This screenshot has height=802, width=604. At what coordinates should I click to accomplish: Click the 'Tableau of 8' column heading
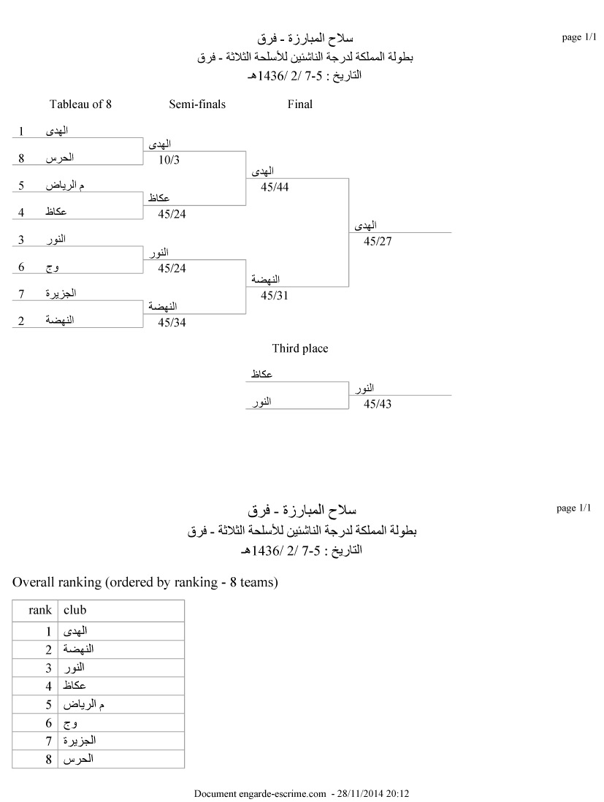(80, 104)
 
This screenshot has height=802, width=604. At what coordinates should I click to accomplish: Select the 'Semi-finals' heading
(197, 104)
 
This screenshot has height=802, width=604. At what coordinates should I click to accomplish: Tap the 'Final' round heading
(300, 104)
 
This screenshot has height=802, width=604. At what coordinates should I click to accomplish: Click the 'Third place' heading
(300, 348)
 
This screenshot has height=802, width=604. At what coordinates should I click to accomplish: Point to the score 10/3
(169, 159)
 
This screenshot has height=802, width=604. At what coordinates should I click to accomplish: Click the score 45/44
(275, 187)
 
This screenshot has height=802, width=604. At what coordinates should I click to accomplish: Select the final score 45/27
(378, 241)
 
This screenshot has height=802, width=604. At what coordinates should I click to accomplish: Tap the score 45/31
(275, 295)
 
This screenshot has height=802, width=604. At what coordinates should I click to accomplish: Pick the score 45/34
(172, 322)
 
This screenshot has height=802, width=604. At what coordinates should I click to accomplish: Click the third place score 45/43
(378, 403)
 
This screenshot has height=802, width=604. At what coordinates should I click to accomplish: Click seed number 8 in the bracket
(22, 158)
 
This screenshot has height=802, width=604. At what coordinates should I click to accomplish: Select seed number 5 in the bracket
(22, 186)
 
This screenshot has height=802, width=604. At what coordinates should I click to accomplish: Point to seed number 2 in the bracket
(22, 320)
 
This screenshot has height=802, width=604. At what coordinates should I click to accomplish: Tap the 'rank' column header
(40, 610)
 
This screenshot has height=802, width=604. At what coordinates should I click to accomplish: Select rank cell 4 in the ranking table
(48, 686)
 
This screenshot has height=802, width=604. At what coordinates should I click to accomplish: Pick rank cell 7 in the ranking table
(48, 741)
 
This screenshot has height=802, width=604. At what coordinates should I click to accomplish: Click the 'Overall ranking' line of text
(145, 582)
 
